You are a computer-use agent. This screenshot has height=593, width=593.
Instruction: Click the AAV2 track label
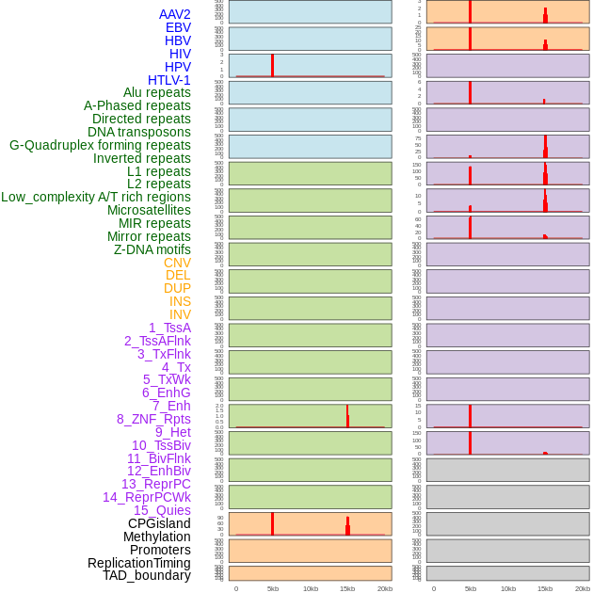click(x=175, y=14)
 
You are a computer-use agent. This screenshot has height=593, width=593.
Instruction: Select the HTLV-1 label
click(x=169, y=80)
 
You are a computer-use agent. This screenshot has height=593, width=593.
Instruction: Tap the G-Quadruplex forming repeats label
click(x=100, y=145)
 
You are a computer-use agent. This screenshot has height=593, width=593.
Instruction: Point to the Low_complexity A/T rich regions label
click(x=96, y=197)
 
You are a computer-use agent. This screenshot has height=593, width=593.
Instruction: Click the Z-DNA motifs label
click(x=152, y=249)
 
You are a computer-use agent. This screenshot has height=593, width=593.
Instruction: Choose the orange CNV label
click(x=177, y=263)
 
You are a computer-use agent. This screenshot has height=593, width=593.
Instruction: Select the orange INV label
click(x=180, y=314)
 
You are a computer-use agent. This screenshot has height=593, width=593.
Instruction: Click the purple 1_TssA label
click(x=169, y=328)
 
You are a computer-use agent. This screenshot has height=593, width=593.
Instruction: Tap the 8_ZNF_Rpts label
click(x=153, y=419)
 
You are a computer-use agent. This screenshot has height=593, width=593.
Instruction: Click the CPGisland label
click(x=159, y=523)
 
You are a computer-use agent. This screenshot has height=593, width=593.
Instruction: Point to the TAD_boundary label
click(x=147, y=575)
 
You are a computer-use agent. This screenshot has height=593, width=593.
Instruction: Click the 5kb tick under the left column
click(x=272, y=588)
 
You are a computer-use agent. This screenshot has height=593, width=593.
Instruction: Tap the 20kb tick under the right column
click(x=582, y=588)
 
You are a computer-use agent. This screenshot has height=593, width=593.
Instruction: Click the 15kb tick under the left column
click(x=347, y=588)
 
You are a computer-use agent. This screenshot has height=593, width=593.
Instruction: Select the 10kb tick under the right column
click(x=507, y=588)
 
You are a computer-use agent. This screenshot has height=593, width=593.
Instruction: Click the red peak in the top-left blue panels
click(x=272, y=65)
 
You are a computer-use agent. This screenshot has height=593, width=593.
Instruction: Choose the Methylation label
click(x=156, y=537)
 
